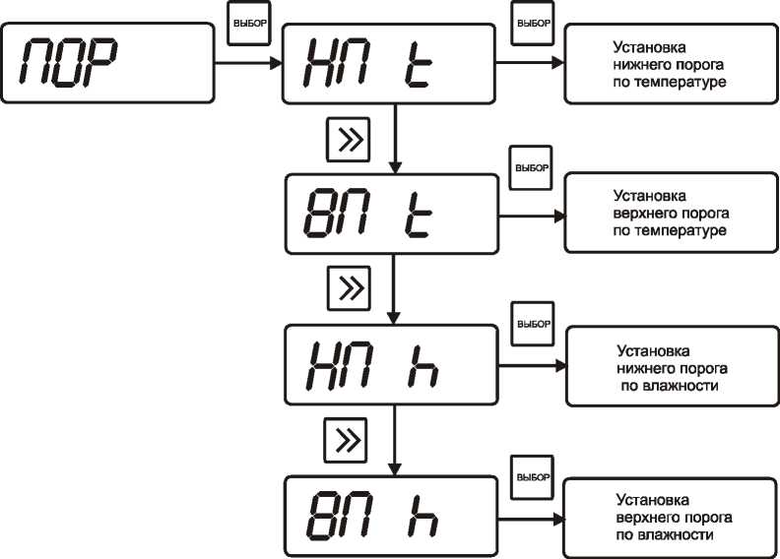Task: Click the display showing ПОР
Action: [108, 63]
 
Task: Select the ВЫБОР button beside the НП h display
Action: [533, 323]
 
